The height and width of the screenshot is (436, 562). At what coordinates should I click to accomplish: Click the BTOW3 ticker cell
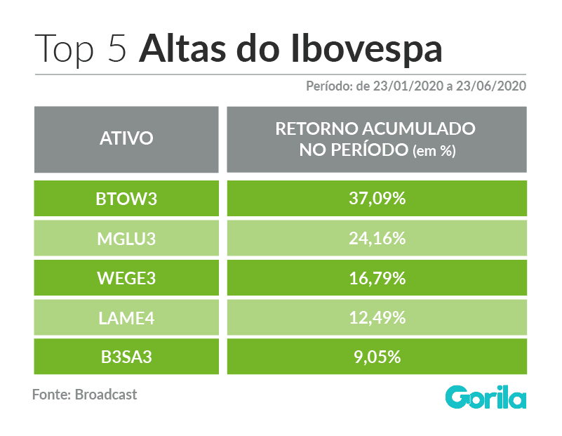pyautogui.click(x=126, y=199)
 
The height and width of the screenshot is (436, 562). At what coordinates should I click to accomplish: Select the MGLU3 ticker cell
pyautogui.click(x=126, y=239)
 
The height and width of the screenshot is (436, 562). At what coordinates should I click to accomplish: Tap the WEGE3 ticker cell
pyautogui.click(x=126, y=278)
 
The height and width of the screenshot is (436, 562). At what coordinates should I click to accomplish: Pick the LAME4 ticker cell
pyautogui.click(x=126, y=317)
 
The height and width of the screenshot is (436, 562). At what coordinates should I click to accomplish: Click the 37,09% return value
pyautogui.click(x=377, y=199)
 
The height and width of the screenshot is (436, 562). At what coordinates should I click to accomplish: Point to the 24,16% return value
pyautogui.click(x=377, y=239)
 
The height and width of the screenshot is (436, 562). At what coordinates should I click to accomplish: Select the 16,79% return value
pyautogui.click(x=377, y=278)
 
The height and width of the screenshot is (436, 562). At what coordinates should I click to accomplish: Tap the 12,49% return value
pyautogui.click(x=377, y=317)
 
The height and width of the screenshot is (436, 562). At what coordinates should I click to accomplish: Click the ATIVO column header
pyautogui.click(x=126, y=138)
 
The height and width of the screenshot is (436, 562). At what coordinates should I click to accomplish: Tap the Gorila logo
pyautogui.click(x=486, y=397)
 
